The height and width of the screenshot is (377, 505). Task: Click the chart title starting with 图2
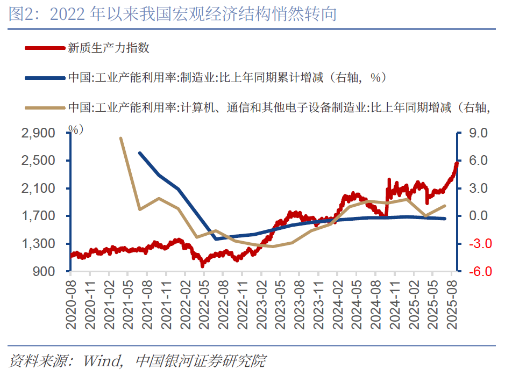click(x=172, y=14)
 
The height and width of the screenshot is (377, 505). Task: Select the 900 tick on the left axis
click(x=46, y=272)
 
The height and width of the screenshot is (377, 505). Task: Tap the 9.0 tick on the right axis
click(x=477, y=133)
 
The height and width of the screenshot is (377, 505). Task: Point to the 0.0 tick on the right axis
click(x=477, y=216)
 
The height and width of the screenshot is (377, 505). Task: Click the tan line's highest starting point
click(x=120, y=138)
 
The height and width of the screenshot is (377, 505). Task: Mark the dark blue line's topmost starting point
click(x=140, y=153)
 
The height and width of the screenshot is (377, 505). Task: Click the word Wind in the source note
click(x=102, y=361)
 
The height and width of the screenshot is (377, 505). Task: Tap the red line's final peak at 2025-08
click(x=457, y=163)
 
